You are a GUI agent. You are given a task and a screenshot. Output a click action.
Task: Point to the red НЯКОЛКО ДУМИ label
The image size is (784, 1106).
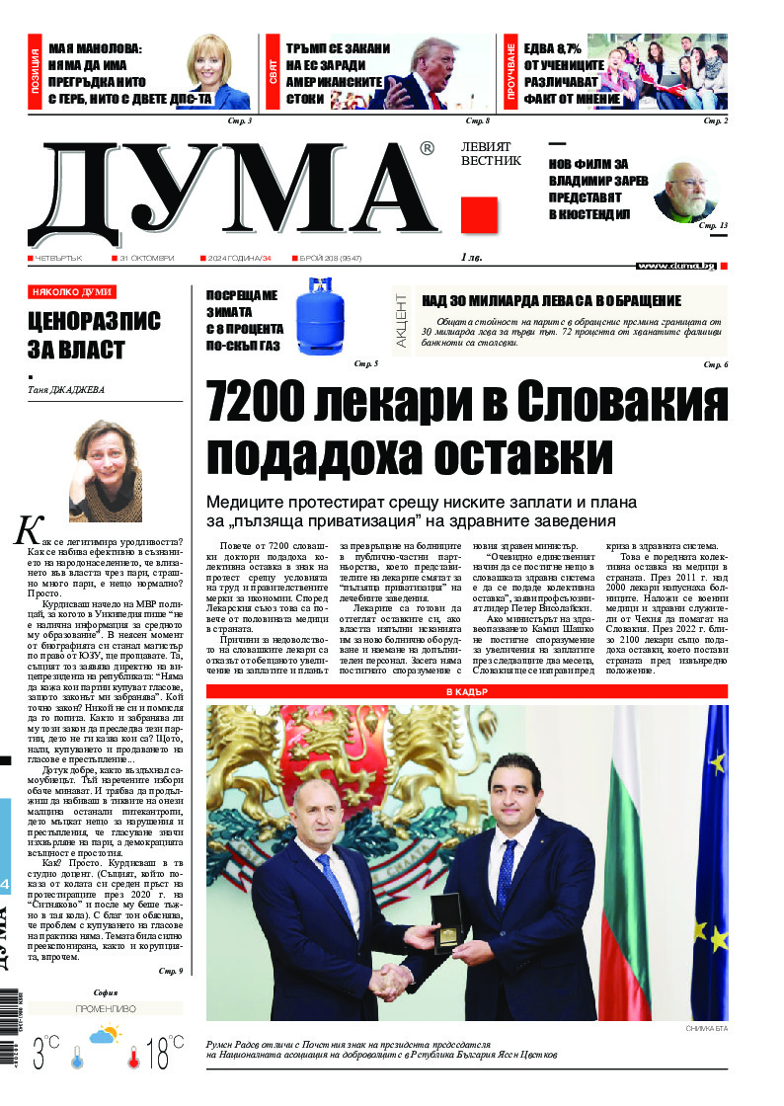point(71,292)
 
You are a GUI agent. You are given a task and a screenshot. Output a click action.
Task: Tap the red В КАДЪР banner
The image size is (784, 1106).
point(466,692)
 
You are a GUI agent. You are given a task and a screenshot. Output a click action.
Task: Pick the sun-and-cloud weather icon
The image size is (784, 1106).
point(105,1037)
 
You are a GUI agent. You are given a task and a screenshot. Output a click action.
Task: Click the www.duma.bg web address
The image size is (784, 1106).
point(675,266)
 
